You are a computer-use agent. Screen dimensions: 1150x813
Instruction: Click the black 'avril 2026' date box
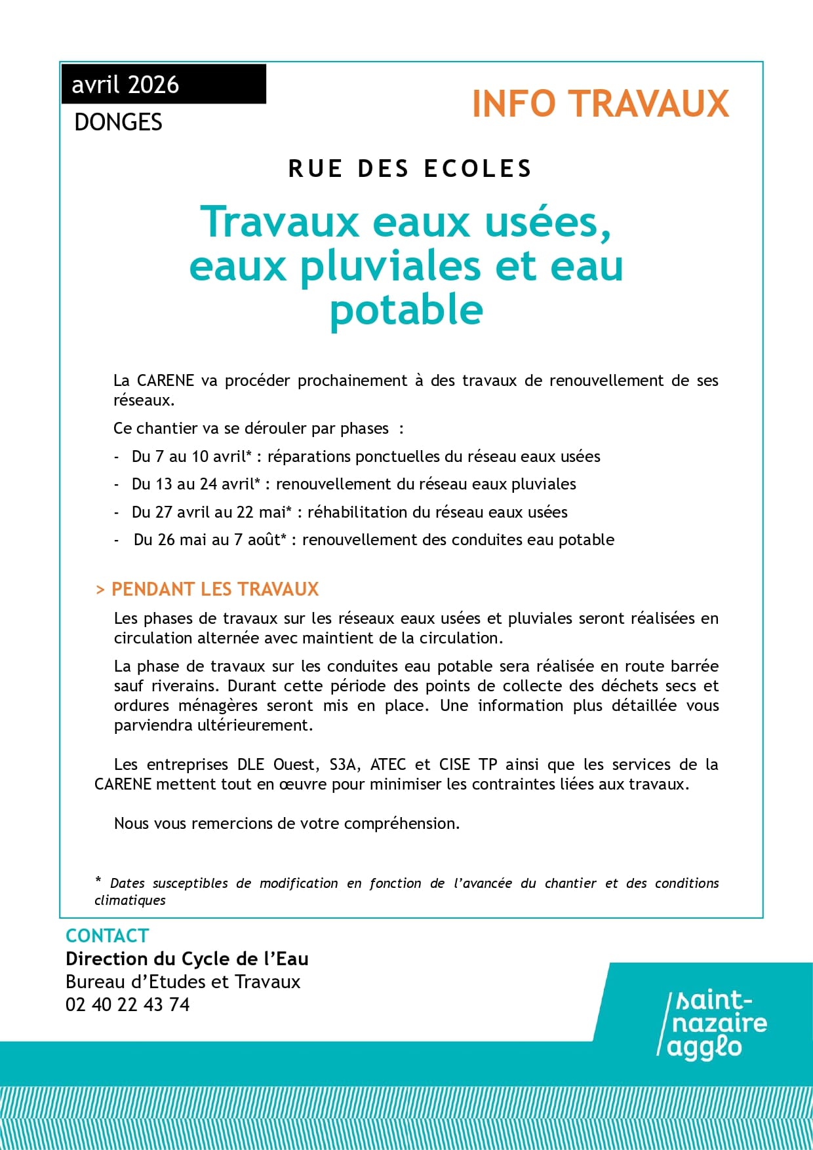tap(164, 85)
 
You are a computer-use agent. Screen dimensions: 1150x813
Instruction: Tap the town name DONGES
tap(118, 123)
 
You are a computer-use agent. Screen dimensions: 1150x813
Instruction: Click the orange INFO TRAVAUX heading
tap(600, 104)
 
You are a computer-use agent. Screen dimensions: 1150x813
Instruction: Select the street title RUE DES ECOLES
tap(410, 169)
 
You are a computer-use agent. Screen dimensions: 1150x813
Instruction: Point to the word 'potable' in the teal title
tap(406, 309)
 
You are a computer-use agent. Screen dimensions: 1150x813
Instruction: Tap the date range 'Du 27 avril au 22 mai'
tap(211, 512)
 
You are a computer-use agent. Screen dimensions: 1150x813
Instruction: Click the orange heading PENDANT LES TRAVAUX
tap(214, 589)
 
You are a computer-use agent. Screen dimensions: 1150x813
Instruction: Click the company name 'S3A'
tap(344, 765)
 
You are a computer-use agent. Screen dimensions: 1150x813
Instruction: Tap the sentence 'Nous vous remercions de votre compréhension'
tap(287, 824)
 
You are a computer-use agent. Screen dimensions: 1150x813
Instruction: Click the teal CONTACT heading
tap(108, 936)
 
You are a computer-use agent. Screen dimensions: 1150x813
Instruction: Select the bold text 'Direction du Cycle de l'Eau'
tap(187, 959)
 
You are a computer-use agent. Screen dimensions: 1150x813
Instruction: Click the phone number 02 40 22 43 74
tap(128, 1005)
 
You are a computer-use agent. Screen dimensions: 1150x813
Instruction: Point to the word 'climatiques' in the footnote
tap(130, 900)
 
